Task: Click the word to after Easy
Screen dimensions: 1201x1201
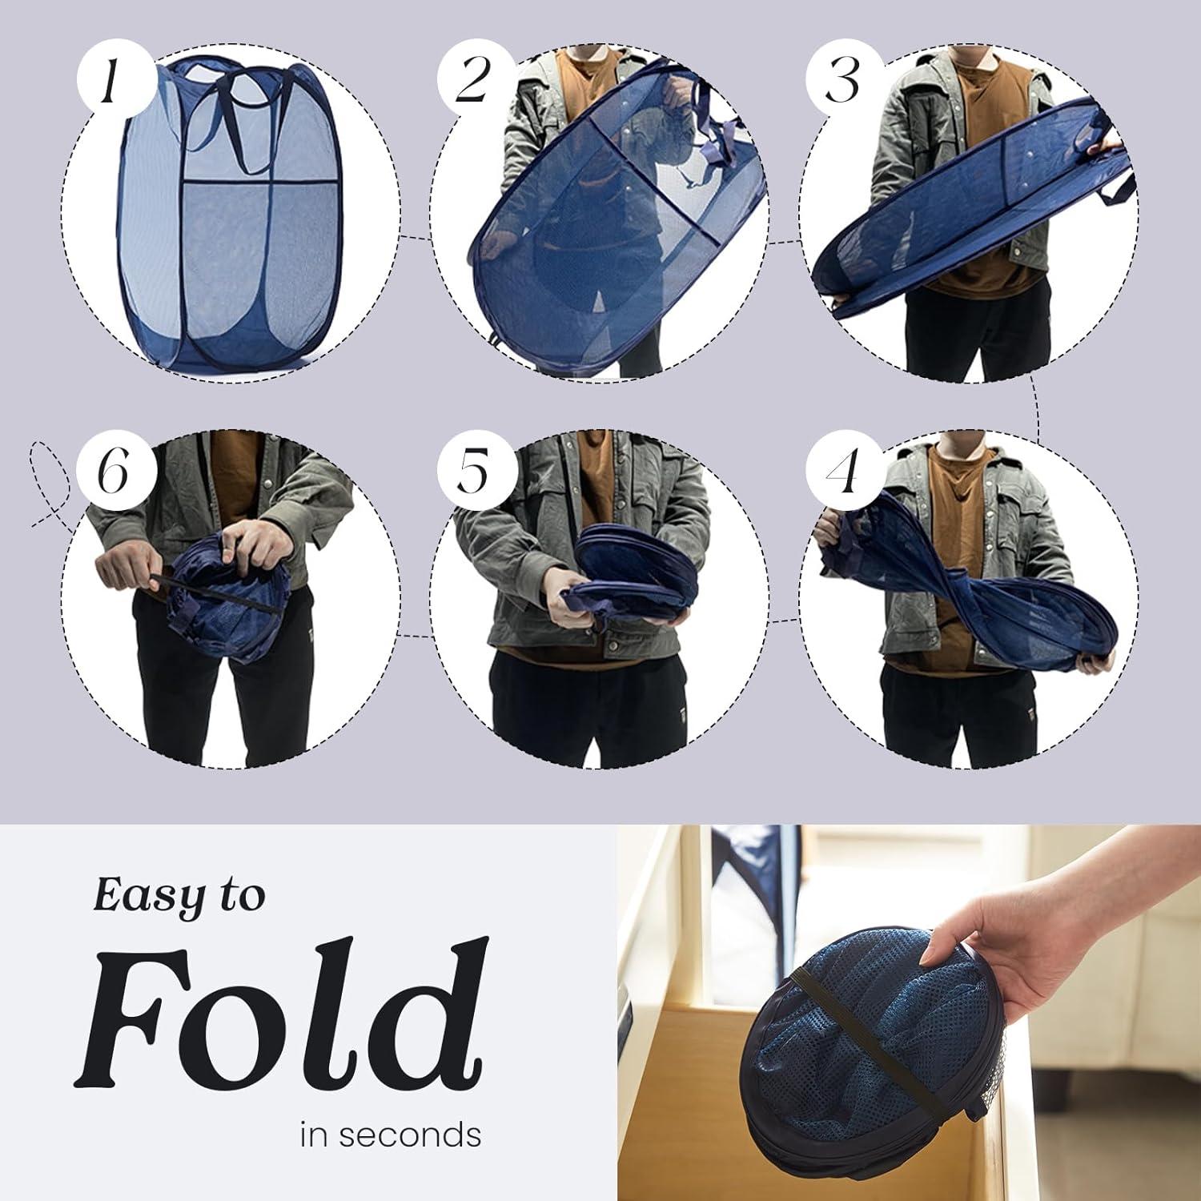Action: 240,895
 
